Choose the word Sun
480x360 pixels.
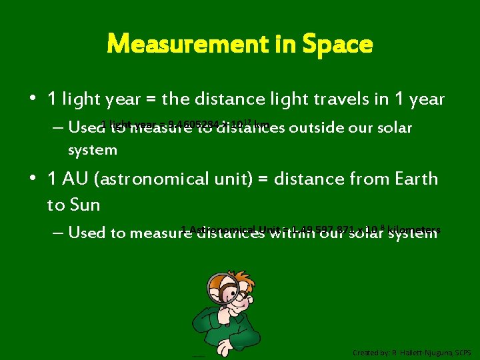pos(85,205)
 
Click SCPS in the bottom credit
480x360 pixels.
pos(461,352)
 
